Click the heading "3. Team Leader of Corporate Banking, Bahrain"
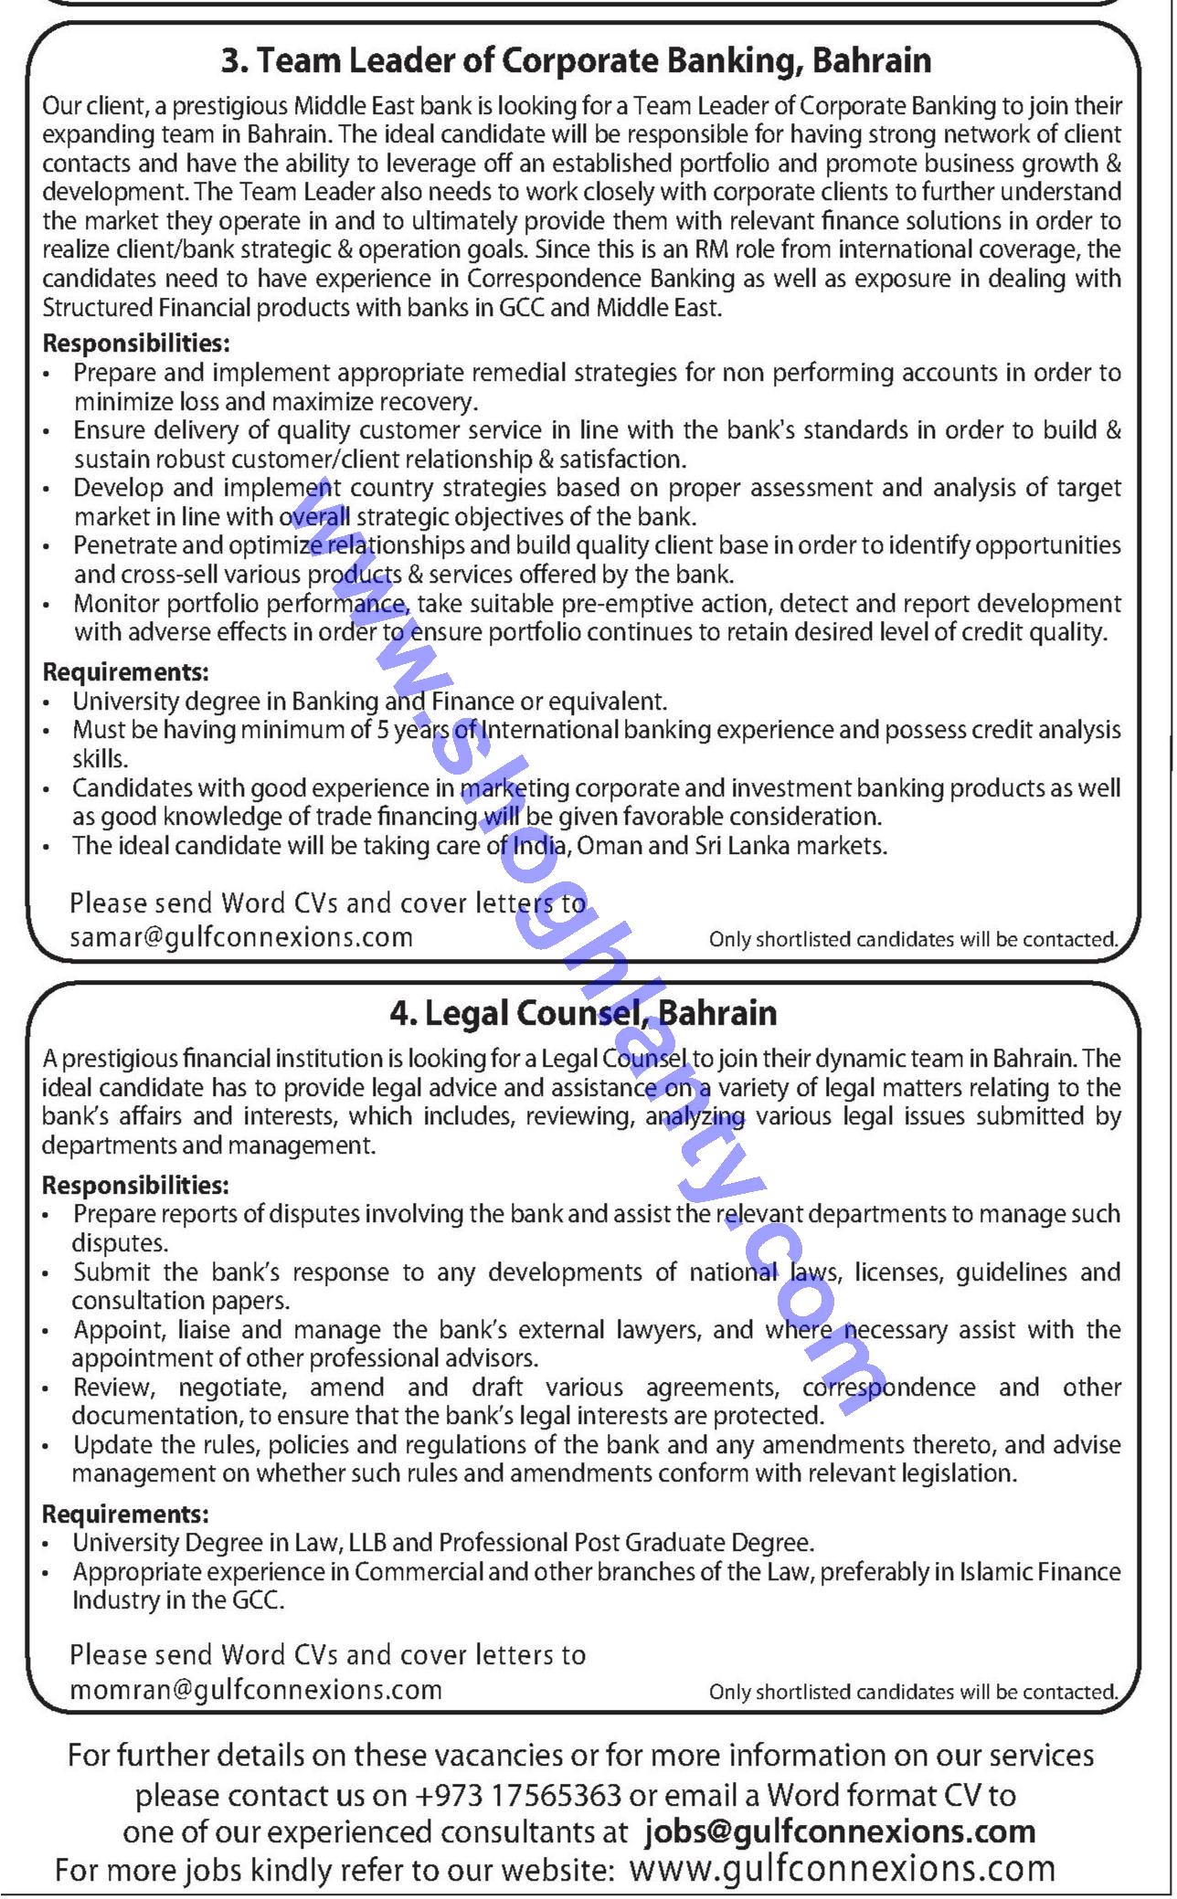[576, 61]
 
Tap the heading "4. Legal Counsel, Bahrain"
[583, 1012]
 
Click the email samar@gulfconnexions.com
[241, 937]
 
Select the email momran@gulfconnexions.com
[256, 1690]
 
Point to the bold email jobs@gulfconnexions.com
[840, 1830]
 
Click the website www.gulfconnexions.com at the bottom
[842, 1869]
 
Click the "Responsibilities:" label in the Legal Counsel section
[135, 1186]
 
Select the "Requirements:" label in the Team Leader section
[126, 672]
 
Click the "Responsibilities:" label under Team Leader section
[135, 343]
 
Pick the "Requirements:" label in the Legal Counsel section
[126, 1514]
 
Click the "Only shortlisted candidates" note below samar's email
[913, 939]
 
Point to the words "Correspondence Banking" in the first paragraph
[600, 278]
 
